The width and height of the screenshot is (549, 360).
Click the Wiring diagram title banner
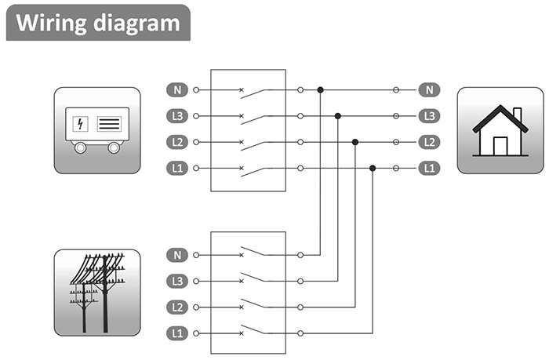pos(98,22)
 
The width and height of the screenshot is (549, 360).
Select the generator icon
pos(97,129)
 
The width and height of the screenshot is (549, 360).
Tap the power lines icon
pos(97,292)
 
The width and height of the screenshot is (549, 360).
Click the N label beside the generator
pos(177,90)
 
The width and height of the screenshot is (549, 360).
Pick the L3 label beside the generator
pos(177,116)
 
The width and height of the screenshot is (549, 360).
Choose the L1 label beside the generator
pos(177,168)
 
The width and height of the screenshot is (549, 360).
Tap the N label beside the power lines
pos(177,255)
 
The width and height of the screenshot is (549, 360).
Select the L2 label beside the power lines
pos(177,307)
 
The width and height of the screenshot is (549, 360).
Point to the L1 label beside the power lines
pos(177,333)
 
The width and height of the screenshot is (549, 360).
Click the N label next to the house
pos(428,90)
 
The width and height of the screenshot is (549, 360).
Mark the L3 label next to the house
pos(428,116)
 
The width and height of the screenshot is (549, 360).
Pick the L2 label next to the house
pos(428,142)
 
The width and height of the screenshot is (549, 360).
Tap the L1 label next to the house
pos(428,168)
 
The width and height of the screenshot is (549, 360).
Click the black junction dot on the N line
pos(320,90)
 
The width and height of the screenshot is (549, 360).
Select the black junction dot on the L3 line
pos(337,116)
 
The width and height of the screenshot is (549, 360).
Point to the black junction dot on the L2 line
pos(355,142)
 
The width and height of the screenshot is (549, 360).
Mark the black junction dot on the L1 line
pos(373,168)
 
